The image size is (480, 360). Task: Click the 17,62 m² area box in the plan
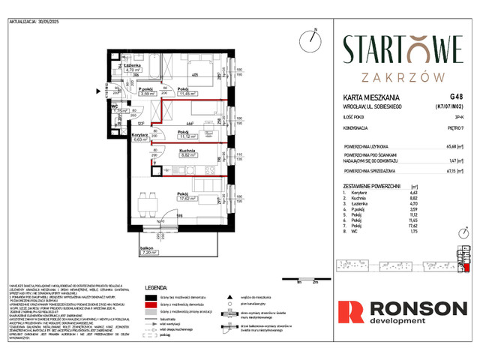[x=188, y=199]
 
